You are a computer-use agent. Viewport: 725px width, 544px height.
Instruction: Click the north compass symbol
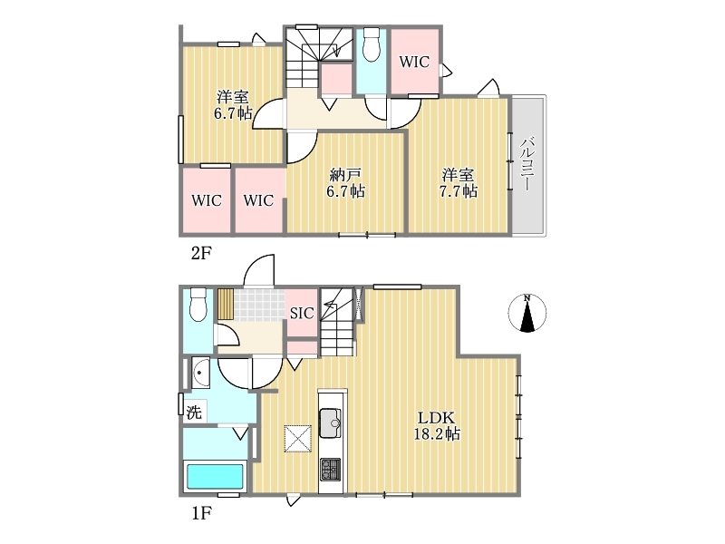tap(527, 313)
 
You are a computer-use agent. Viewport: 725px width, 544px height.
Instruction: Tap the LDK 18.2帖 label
tap(437, 425)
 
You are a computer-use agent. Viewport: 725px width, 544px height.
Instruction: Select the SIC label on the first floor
tap(302, 313)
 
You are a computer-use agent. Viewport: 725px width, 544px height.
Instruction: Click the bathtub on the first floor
tap(214, 477)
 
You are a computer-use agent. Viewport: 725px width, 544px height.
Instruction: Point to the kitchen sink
tap(330, 423)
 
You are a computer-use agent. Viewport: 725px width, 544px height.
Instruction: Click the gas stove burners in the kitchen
tap(330, 469)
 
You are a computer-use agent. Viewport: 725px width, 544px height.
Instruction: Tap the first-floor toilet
tap(198, 305)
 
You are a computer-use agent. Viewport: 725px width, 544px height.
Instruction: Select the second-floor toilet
tap(372, 44)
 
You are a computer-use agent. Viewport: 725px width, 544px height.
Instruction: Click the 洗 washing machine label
tap(194, 413)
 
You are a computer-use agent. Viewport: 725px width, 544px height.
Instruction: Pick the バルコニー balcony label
tap(527, 163)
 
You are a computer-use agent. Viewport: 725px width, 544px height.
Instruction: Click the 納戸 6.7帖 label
tap(345, 183)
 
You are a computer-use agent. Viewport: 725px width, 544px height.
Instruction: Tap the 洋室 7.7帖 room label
tap(459, 183)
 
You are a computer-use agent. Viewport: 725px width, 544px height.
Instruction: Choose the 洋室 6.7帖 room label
tap(233, 105)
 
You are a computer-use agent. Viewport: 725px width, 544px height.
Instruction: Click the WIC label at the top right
tap(414, 62)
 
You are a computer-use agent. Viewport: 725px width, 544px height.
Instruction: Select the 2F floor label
tap(201, 253)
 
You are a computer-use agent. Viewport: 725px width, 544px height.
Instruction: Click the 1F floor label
tap(201, 513)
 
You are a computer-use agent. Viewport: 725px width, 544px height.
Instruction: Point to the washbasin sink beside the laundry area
tap(200, 373)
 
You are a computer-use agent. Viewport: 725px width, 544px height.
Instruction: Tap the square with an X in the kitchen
tap(298, 438)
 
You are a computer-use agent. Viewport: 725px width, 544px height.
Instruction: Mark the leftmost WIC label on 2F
tap(207, 200)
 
